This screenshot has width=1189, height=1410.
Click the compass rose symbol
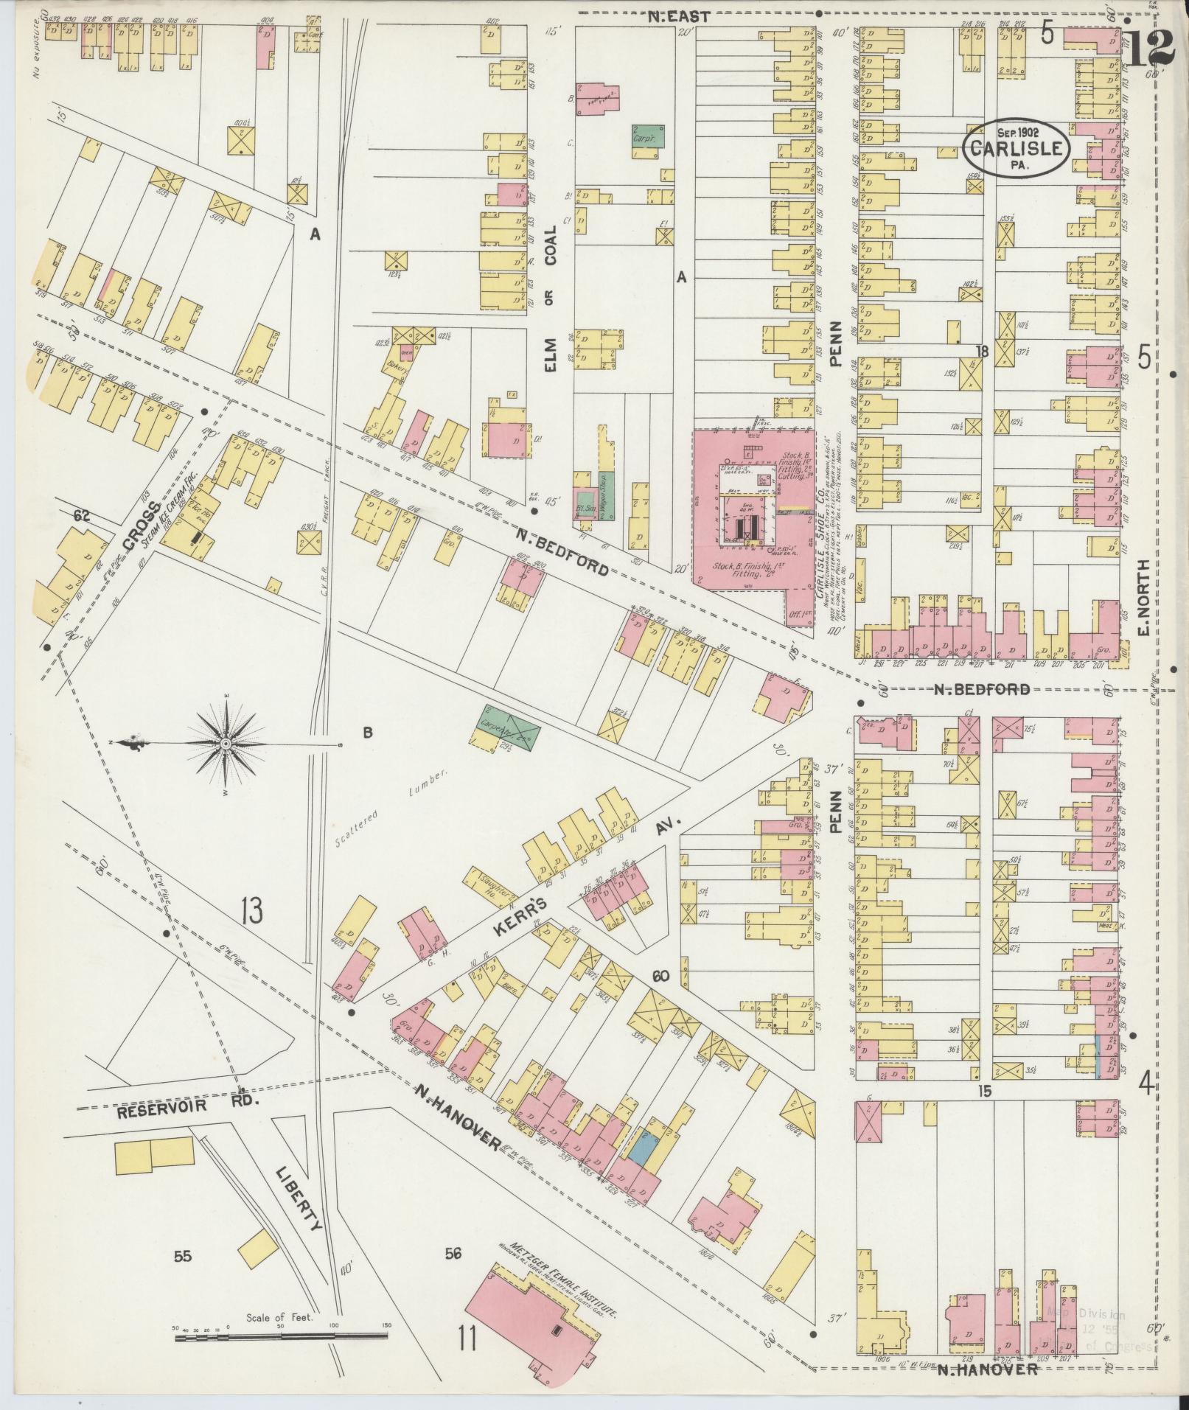click(225, 744)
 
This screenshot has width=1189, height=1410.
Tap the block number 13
click(251, 911)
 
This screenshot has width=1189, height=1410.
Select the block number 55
click(183, 1256)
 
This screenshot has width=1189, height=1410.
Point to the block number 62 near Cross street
click(81, 516)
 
